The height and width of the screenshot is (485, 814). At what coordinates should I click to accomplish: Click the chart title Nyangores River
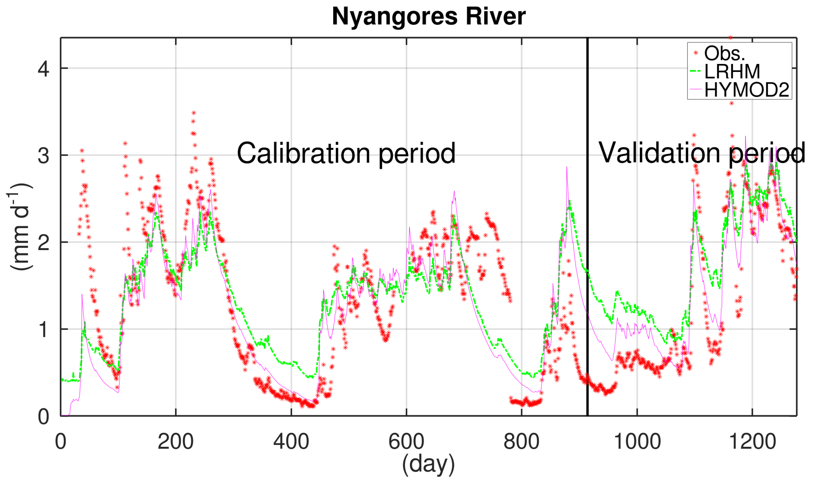coord(429,16)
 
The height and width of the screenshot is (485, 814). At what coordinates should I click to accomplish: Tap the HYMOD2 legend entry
coord(747,89)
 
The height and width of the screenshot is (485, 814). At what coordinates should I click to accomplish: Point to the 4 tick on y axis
coord(44,69)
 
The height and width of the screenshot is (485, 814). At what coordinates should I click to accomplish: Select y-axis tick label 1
coord(44,330)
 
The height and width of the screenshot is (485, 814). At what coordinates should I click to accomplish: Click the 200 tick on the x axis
coord(176,442)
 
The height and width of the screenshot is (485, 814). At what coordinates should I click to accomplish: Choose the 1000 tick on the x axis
coord(637,442)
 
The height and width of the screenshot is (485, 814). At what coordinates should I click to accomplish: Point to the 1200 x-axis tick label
coord(752,442)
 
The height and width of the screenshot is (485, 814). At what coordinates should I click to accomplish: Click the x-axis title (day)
coord(428,465)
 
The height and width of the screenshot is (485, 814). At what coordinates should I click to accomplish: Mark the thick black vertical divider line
coord(587,229)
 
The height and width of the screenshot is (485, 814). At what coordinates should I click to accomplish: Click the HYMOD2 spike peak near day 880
coord(567,167)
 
